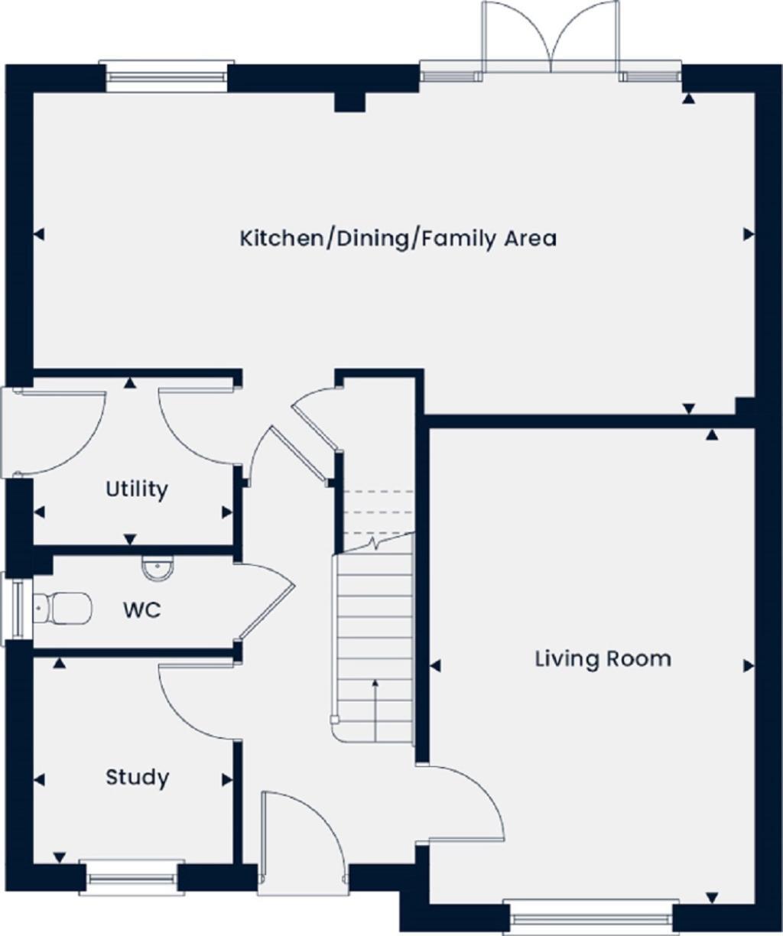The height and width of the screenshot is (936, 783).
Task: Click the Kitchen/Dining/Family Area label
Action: tap(398, 239)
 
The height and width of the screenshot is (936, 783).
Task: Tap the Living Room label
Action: tap(603, 658)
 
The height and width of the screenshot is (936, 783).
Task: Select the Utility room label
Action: tap(137, 489)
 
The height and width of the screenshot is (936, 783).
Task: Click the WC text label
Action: tap(142, 610)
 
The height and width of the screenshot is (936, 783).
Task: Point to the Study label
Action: tap(137, 778)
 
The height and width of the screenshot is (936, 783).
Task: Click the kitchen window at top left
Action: tap(167, 76)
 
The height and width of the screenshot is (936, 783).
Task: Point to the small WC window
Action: tap(15, 609)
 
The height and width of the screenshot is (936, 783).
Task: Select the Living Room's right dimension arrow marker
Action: tap(749, 666)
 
